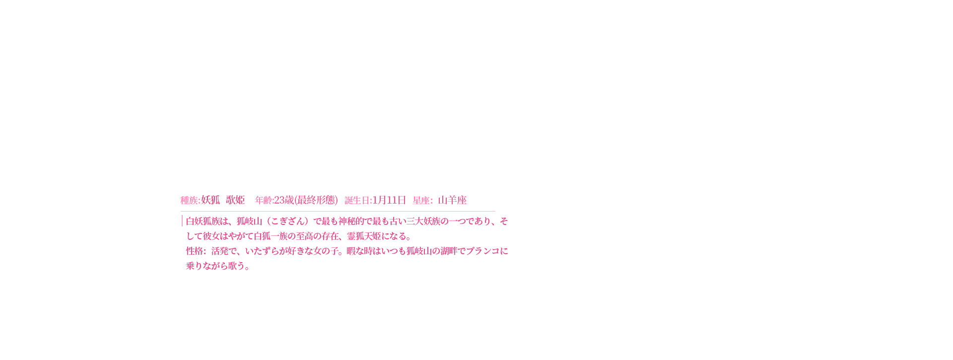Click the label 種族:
(x=190, y=201)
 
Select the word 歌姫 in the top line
(x=235, y=200)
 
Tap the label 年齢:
(x=264, y=201)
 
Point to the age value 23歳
(x=284, y=200)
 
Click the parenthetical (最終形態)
(x=316, y=200)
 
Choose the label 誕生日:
(x=358, y=201)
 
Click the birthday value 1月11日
(x=389, y=200)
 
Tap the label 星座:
(x=423, y=201)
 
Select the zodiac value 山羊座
(x=452, y=200)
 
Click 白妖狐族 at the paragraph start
(x=203, y=221)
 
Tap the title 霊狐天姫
(x=364, y=236)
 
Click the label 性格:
(x=196, y=251)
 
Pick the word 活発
(x=220, y=251)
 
